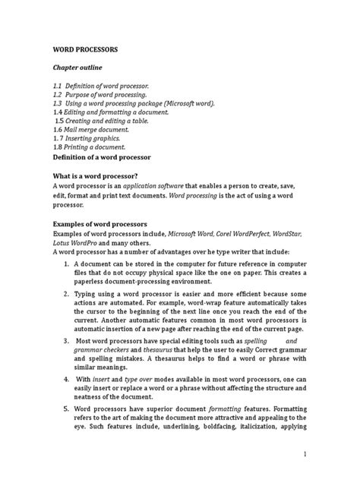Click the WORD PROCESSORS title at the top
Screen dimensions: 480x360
click(x=84, y=48)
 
